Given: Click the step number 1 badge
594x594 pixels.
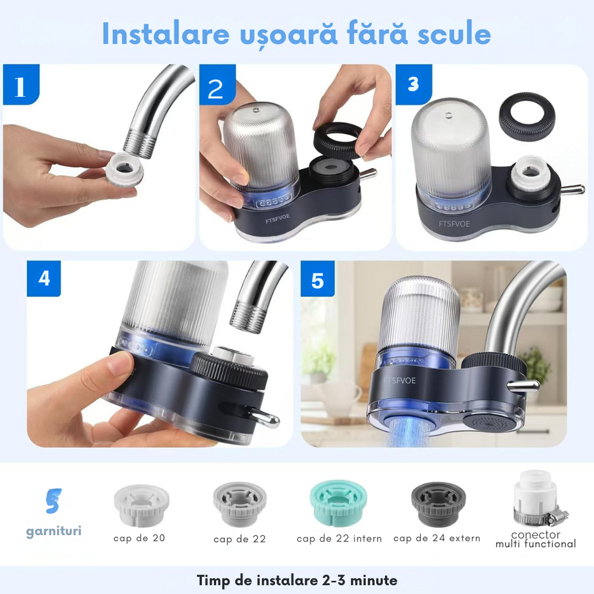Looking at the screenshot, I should (x=21, y=86).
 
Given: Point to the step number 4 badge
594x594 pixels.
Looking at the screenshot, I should (x=45, y=278).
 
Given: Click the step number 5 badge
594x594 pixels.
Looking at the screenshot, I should (x=318, y=279).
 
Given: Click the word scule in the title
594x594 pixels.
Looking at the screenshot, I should (x=450, y=34).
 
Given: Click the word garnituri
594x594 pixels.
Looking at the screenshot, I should (x=53, y=530).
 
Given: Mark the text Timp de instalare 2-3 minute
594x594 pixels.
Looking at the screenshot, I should (x=297, y=579).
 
